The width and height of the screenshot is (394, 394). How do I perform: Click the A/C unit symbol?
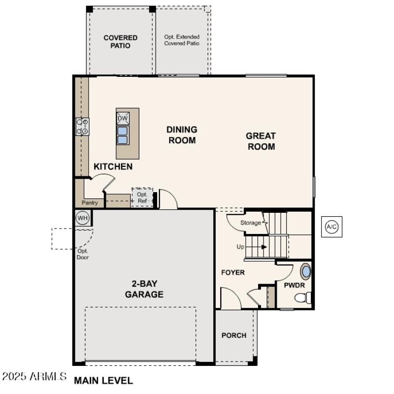click(x=331, y=227)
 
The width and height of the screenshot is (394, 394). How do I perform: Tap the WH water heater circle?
click(x=82, y=217)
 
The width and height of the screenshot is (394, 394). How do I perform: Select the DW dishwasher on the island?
click(x=123, y=118)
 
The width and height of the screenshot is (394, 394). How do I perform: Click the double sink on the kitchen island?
click(x=123, y=135)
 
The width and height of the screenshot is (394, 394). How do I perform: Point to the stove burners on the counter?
click(x=82, y=127)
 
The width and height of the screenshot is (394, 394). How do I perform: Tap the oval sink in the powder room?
click(x=306, y=271)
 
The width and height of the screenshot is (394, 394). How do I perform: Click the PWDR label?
click(x=294, y=285)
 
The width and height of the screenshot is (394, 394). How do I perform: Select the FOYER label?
click(x=233, y=272)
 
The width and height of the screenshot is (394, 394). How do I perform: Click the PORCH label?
click(x=234, y=335)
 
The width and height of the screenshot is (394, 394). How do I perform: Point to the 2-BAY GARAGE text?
click(x=144, y=289)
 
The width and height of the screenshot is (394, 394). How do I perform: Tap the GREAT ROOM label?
click(x=261, y=141)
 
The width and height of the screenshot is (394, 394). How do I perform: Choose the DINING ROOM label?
click(x=181, y=135)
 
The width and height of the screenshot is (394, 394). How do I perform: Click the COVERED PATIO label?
click(x=120, y=41)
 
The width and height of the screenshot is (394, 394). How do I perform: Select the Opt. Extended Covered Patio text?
click(x=182, y=40)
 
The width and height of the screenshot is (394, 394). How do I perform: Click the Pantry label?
click(x=90, y=202)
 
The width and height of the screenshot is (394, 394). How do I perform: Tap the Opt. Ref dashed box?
click(x=142, y=197)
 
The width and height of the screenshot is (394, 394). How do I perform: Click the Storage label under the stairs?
click(x=251, y=223)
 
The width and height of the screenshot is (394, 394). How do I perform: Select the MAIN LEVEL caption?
click(x=103, y=380)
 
